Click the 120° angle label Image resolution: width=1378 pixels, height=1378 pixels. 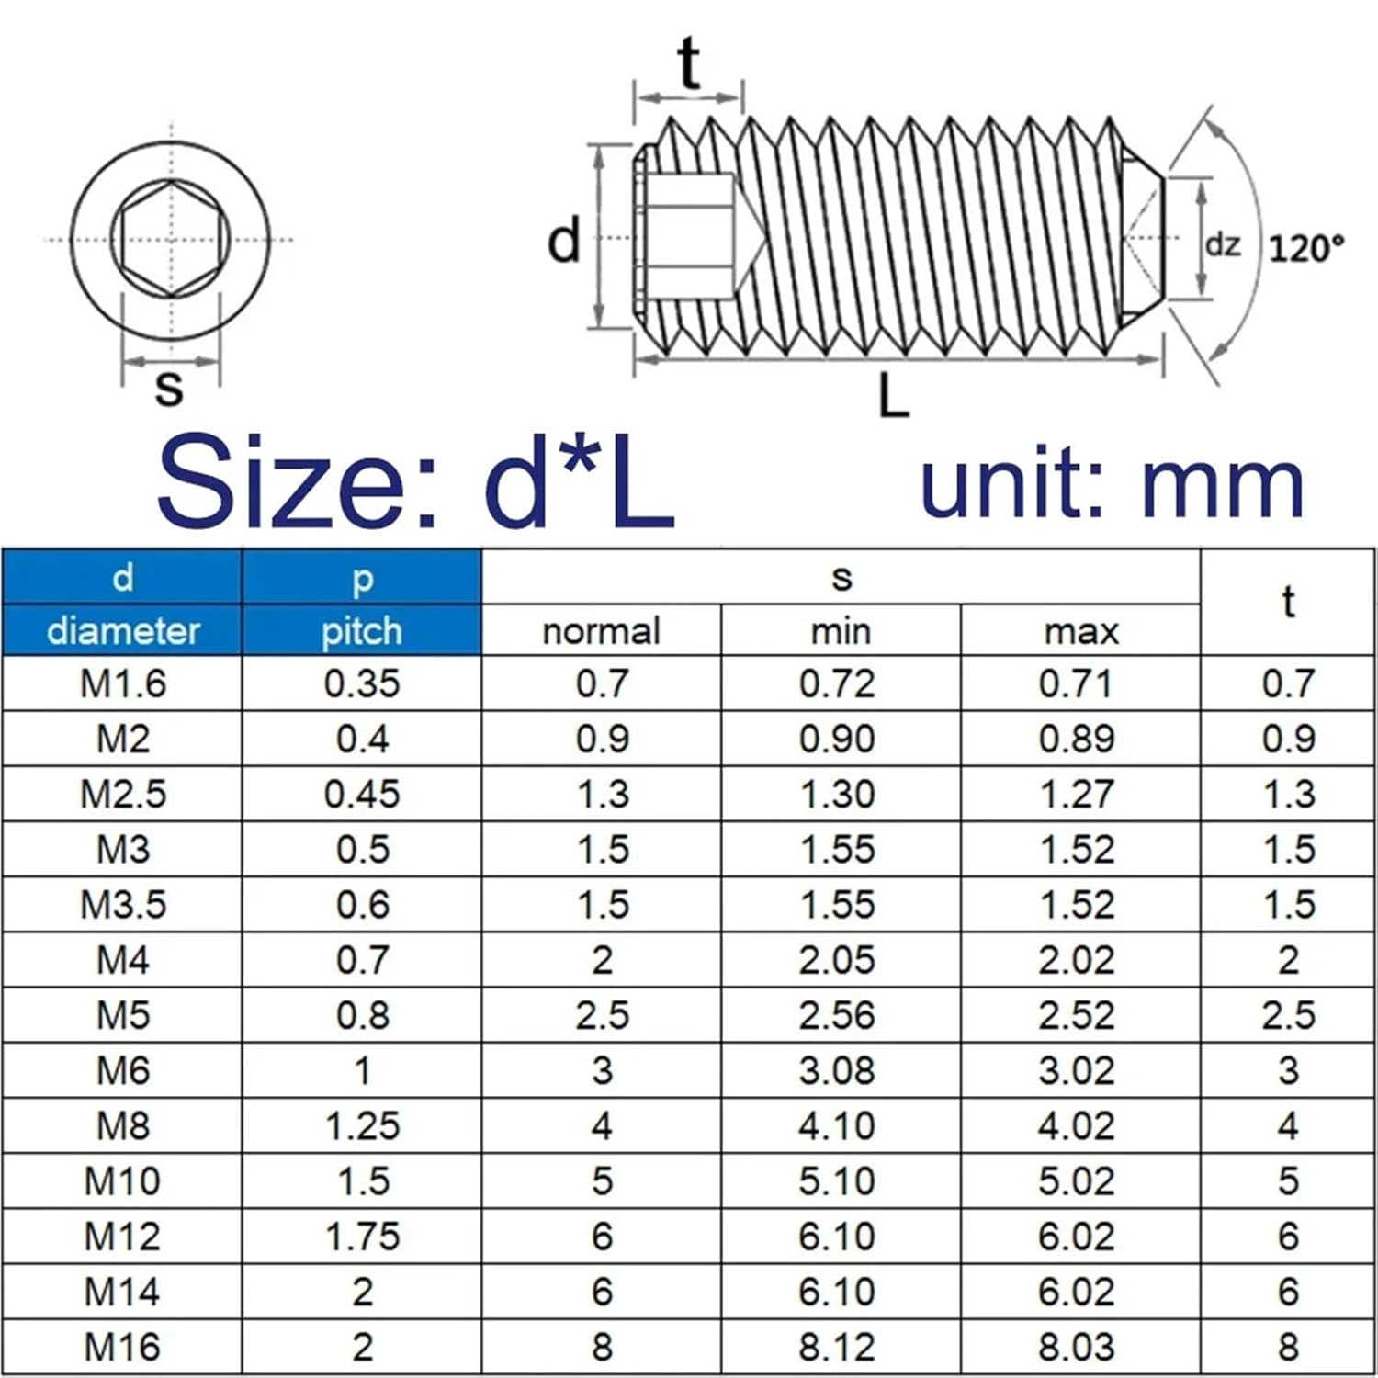(x=1305, y=248)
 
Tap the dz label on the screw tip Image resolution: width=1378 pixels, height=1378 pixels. (x=1222, y=244)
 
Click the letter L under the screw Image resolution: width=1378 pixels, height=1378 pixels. (x=892, y=397)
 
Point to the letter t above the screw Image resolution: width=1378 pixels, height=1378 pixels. (x=689, y=63)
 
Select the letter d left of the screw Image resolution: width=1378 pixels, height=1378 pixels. (x=564, y=240)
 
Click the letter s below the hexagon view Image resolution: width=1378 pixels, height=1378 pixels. (x=169, y=387)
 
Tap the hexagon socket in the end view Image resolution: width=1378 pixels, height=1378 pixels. (x=170, y=239)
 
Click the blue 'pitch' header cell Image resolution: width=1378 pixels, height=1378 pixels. (x=361, y=631)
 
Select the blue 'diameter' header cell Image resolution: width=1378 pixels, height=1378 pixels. (x=122, y=631)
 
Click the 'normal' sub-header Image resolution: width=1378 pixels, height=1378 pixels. (x=601, y=631)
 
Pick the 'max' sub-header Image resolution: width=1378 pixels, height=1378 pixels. (x=1080, y=631)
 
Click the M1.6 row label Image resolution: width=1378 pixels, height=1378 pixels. (x=122, y=683)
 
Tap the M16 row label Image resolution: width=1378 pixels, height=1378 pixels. (x=122, y=1348)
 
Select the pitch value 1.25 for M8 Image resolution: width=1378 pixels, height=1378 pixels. (x=362, y=1126)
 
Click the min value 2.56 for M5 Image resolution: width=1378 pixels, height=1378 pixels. (x=837, y=1015)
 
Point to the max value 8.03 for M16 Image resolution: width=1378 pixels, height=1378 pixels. (x=1077, y=1348)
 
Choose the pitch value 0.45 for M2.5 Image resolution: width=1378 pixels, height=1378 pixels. (x=362, y=794)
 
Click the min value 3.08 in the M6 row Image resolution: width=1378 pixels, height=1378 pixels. (x=837, y=1070)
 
